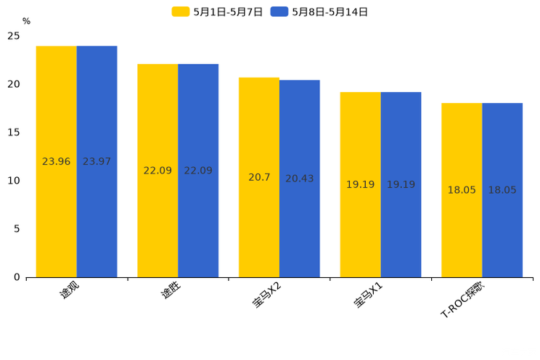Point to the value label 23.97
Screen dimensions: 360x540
click(97, 162)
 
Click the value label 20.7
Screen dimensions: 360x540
click(259, 178)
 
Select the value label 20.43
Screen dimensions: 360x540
click(299, 179)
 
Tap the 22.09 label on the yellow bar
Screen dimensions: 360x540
click(157, 171)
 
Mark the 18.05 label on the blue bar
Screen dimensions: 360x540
click(502, 190)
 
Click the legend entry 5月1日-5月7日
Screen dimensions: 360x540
click(217, 12)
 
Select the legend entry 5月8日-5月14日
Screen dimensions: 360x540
click(319, 12)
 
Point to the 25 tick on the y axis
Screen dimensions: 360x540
click(14, 36)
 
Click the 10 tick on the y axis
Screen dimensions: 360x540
click(14, 181)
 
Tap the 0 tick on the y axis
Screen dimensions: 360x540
click(17, 277)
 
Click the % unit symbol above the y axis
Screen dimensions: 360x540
click(26, 22)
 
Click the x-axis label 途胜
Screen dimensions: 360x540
click(171, 291)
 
